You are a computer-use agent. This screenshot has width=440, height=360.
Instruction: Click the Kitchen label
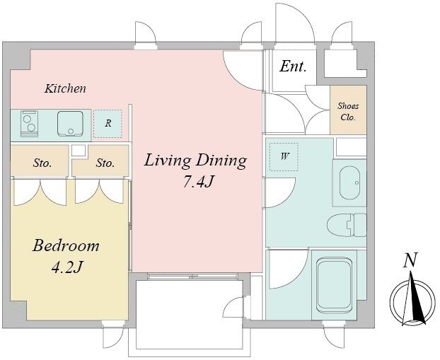pos(65,88)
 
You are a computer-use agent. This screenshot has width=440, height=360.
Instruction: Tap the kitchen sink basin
pos(70,124)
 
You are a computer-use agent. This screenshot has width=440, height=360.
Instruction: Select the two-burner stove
pos(29,124)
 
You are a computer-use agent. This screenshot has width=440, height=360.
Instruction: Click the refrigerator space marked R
pos(108,124)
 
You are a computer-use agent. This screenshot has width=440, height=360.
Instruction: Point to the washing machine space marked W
pos(284,157)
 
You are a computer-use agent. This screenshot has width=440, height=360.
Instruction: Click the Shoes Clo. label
pos(348,112)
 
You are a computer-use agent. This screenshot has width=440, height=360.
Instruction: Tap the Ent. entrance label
pos(293,66)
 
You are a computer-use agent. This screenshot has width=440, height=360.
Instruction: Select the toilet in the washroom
pos(347,225)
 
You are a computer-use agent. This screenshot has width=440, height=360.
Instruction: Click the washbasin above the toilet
pos(349,182)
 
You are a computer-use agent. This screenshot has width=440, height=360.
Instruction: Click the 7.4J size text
pos(198,182)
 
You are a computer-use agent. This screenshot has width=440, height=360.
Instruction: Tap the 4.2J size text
pos(66,267)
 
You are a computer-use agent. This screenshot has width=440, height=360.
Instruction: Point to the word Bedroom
pos(66,245)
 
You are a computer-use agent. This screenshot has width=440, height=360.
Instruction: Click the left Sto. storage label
pos(42,163)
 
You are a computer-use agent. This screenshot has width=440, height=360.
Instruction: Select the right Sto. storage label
pos(105,163)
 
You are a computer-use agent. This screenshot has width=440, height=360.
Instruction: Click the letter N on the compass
pos(410,260)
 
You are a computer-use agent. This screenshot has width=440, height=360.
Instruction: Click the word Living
pos(168,161)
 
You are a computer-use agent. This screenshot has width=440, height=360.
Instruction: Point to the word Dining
pos(221,161)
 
